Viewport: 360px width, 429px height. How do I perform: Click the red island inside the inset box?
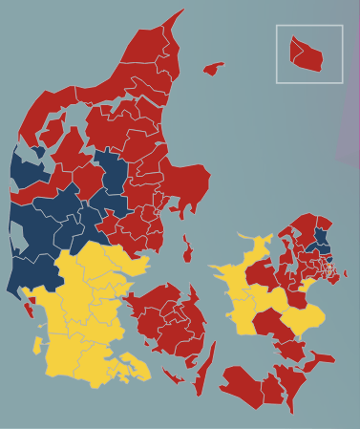(x=307, y=54)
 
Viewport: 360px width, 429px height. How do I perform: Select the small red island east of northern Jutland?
(x=213, y=69)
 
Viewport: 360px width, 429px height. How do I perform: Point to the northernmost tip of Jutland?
(x=180, y=12)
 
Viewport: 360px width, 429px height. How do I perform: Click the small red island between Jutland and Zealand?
(x=187, y=251)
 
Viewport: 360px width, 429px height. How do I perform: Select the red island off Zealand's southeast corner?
(x=321, y=359)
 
